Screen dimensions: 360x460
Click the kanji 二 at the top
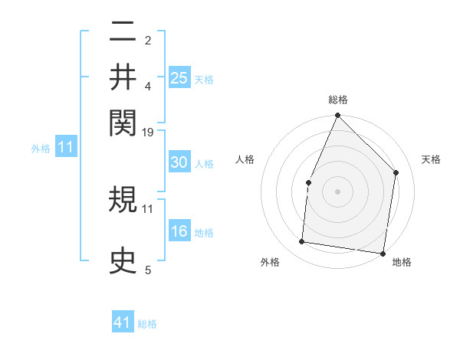tap(123, 32)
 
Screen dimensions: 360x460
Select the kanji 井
tap(123, 77)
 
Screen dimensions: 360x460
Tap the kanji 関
tap(123, 121)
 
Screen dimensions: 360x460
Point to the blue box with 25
tap(179, 78)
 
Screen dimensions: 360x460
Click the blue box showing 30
tap(179, 162)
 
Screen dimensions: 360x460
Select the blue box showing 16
tap(179, 231)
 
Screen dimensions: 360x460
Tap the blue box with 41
tap(123, 322)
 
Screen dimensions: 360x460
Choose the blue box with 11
tap(66, 147)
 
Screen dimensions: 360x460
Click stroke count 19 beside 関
tap(148, 133)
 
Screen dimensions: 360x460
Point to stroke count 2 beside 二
tap(148, 40)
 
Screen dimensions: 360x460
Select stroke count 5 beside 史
tap(148, 270)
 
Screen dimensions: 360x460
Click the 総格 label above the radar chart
tap(338, 100)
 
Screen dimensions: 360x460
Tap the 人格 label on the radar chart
tap(245, 159)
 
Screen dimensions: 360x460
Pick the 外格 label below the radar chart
tap(270, 262)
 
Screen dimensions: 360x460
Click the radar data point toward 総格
tap(337, 116)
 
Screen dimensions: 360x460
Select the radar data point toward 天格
tap(396, 172)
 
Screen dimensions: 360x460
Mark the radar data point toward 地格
tap(383, 253)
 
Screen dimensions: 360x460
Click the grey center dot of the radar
tap(337, 191)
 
